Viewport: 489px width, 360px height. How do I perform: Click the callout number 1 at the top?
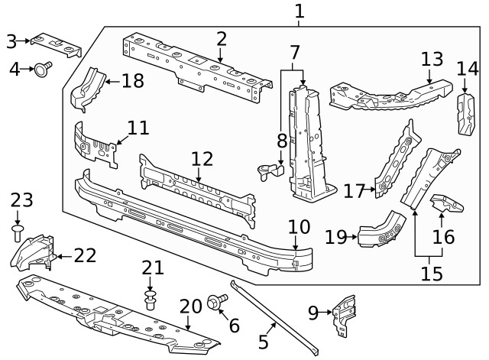click(299, 11)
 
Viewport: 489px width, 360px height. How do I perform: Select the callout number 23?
click(22, 201)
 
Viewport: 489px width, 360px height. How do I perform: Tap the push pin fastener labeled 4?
click(43, 70)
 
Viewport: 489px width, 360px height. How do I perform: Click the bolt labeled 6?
click(215, 303)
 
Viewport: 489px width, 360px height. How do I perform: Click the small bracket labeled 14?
click(465, 113)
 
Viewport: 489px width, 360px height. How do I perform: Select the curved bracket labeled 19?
click(382, 233)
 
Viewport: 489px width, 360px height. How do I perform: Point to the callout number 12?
click(202, 159)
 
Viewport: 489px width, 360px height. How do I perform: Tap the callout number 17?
click(354, 190)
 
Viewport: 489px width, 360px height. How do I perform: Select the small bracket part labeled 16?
click(448, 207)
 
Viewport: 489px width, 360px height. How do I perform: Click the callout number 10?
click(300, 226)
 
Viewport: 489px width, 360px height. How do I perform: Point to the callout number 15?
click(432, 273)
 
